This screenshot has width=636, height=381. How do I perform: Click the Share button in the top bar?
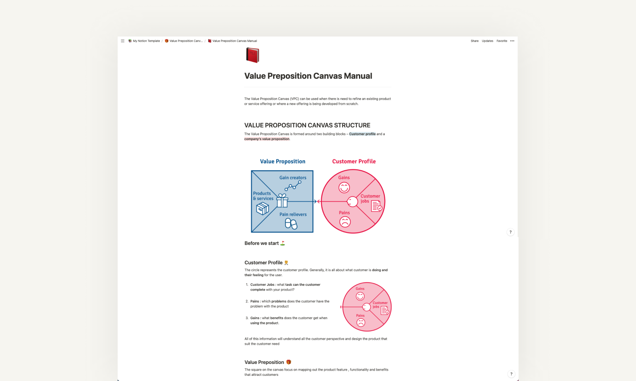click(x=475, y=41)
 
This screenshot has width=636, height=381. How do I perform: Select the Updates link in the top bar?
click(x=487, y=41)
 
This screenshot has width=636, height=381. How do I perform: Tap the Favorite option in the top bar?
click(x=502, y=41)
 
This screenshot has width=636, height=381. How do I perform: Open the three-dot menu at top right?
click(x=512, y=41)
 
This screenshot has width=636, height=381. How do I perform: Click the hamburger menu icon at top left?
click(x=122, y=41)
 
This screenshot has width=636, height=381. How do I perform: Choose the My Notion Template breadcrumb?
click(x=146, y=41)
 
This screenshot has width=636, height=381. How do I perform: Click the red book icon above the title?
click(x=252, y=55)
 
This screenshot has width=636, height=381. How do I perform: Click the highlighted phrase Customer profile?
click(x=362, y=134)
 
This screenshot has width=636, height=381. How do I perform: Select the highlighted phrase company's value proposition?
click(x=267, y=139)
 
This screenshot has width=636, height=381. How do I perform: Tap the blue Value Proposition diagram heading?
click(x=283, y=162)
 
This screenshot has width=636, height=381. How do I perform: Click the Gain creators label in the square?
click(x=293, y=178)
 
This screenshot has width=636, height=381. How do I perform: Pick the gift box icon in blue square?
click(x=282, y=201)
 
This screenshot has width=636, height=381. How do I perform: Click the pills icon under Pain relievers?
click(x=291, y=224)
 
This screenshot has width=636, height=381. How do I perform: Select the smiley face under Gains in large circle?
click(x=344, y=187)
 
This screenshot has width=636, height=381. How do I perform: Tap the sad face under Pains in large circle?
click(x=345, y=222)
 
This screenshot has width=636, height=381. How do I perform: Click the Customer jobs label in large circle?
click(x=370, y=198)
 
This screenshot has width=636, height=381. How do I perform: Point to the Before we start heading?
click(x=262, y=243)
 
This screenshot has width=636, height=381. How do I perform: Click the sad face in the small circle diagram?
click(x=361, y=322)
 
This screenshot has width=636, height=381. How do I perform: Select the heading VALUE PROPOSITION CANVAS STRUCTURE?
click(x=307, y=125)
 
